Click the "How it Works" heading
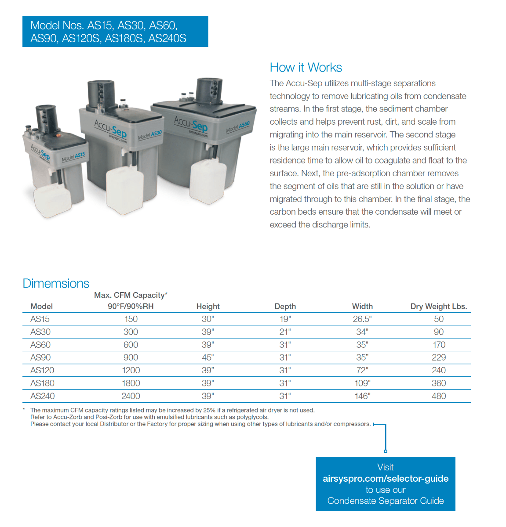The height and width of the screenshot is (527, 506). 306,68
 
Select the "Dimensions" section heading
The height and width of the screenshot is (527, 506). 56,283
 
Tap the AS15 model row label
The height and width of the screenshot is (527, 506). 40,319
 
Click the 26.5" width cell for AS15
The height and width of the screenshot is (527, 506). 362,319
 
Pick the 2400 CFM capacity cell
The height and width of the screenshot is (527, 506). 131,396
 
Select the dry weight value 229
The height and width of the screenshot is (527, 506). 438,357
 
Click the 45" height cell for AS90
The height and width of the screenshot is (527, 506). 207,357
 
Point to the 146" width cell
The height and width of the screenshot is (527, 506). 362,396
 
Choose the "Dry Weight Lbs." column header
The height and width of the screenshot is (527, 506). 438,307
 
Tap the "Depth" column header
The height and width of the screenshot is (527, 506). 285,307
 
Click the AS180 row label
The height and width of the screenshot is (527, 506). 42,383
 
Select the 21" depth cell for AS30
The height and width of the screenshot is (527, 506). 285,332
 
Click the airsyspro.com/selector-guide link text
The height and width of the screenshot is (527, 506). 386,479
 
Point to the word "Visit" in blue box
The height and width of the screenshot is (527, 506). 386,467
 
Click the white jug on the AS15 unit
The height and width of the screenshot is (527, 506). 53,200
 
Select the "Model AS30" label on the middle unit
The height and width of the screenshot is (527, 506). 150,135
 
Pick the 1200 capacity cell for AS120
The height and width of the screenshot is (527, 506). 131,371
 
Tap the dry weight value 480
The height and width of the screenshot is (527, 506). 438,396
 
